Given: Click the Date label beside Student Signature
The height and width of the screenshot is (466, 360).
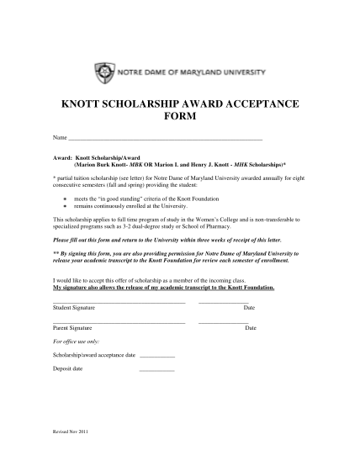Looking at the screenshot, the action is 249,309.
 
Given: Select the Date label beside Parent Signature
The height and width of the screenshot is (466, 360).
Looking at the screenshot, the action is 251,327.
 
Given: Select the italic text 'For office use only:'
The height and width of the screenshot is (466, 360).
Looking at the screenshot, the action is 75,342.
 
